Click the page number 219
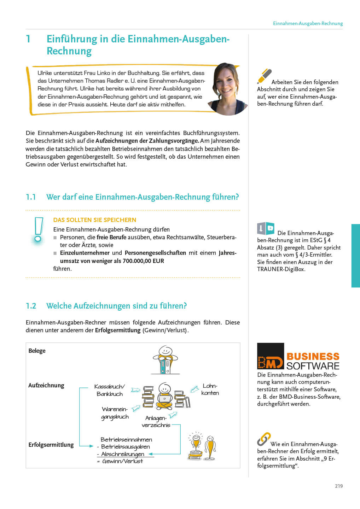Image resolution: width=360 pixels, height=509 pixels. pyautogui.click(x=338, y=486)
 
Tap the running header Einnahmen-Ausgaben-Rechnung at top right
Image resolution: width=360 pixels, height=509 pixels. pyautogui.click(x=308, y=23)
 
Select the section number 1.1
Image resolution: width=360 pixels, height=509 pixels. pyautogui.click(x=31, y=197)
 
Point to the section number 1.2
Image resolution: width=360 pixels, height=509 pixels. pyautogui.click(x=31, y=306)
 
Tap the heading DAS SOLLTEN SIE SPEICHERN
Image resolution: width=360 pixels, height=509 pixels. pyautogui.click(x=94, y=220)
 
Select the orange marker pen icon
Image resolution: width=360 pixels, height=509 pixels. pyautogui.click(x=264, y=76)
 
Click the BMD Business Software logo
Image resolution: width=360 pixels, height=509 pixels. pyautogui.click(x=298, y=356)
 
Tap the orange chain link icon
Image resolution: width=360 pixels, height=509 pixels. pyautogui.click(x=263, y=439)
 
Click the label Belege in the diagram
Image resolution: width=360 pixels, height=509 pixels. pyautogui.click(x=37, y=351)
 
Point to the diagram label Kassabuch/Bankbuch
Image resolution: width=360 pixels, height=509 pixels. pyautogui.click(x=110, y=390)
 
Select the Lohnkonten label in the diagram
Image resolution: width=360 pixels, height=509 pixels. pyautogui.click(x=210, y=389)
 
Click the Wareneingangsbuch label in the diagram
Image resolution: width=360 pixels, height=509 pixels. pyautogui.click(x=115, y=413)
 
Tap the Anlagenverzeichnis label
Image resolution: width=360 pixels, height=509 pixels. pyautogui.click(x=156, y=421)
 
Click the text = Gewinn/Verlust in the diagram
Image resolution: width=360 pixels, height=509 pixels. pyautogui.click(x=120, y=461)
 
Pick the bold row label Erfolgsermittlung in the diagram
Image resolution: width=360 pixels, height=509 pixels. pyautogui.click(x=51, y=445)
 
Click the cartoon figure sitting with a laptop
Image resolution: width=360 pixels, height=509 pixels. pyautogui.click(x=164, y=396)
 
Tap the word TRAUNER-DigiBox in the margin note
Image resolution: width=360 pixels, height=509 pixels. pyautogui.click(x=281, y=269)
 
